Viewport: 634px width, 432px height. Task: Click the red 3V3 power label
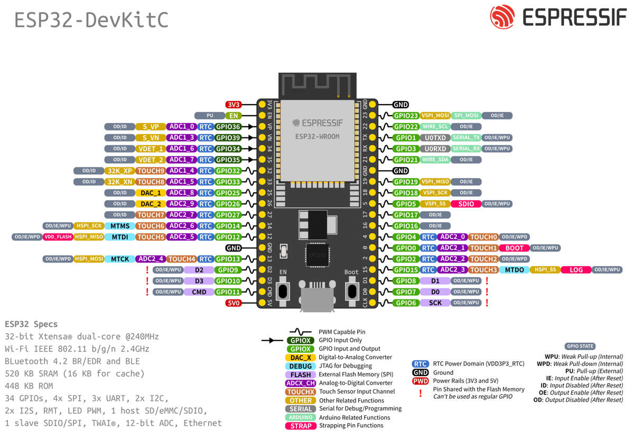(x=233, y=105)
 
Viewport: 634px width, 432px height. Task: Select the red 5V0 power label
(x=233, y=303)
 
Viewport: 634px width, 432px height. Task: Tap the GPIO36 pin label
(x=228, y=127)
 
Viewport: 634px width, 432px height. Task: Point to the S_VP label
(x=151, y=127)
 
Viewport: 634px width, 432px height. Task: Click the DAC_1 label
(x=151, y=193)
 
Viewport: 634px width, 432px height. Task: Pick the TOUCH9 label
(x=151, y=171)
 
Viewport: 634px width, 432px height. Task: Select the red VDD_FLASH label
(x=58, y=237)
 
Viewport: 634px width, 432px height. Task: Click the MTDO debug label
(x=514, y=270)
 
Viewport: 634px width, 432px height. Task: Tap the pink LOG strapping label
(x=576, y=270)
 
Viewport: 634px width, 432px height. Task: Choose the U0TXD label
(x=436, y=138)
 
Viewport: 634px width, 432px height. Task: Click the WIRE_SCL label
(x=436, y=127)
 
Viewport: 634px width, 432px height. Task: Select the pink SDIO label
(x=466, y=204)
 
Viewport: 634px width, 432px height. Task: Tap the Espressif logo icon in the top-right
(x=502, y=17)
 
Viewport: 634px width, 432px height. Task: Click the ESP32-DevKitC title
(x=91, y=20)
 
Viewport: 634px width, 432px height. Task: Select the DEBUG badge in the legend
(x=301, y=366)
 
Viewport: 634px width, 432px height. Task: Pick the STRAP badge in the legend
(x=301, y=426)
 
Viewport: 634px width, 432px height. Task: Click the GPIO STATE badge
(x=580, y=346)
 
